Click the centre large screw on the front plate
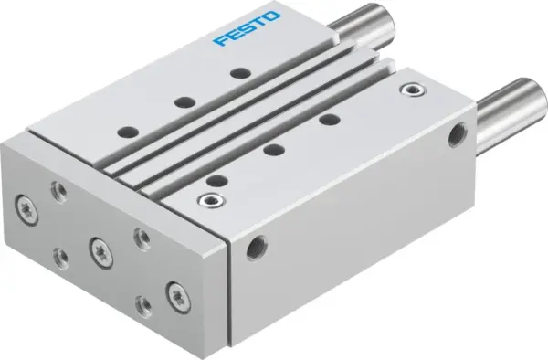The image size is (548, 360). point(97,247)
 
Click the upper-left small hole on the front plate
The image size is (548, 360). point(59,190)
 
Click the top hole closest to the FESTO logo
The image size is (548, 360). point(239,72)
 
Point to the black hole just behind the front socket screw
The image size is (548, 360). point(216,179)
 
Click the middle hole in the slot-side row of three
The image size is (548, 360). point(270,148)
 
